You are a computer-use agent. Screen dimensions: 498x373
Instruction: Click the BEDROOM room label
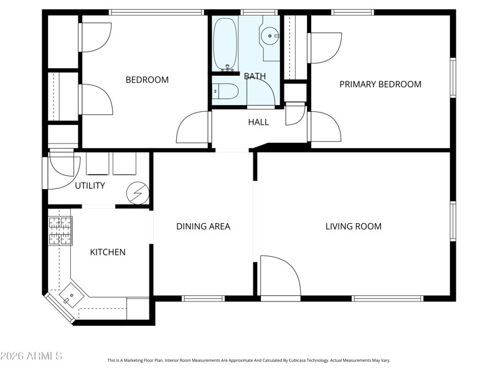[x=147, y=80]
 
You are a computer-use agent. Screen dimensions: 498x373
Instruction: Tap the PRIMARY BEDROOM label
[x=380, y=85]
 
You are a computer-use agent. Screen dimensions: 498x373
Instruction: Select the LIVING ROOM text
[x=354, y=226]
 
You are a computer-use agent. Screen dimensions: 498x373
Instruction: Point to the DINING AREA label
[x=204, y=226]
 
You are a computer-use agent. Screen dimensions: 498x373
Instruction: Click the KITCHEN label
[x=108, y=252]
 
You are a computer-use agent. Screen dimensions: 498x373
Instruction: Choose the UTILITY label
[x=90, y=185]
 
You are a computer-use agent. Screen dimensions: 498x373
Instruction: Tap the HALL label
[x=258, y=122]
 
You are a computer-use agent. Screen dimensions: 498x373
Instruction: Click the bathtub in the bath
[x=225, y=44]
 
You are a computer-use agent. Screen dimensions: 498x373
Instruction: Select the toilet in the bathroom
[x=225, y=91]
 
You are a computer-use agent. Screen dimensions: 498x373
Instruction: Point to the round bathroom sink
[x=270, y=35]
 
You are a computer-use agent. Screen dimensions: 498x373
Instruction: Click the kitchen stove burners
[x=60, y=231]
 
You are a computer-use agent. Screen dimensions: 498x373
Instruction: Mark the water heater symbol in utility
[x=138, y=193]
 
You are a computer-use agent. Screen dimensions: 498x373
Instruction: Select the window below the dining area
[x=204, y=298]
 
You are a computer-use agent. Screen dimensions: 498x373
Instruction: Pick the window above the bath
[x=260, y=12]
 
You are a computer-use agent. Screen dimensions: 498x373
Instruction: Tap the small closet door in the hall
[x=295, y=114]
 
